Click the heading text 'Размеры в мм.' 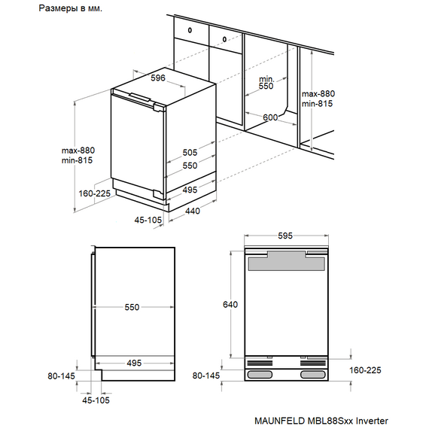(x=70, y=8)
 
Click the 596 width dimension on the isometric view (x=158, y=78)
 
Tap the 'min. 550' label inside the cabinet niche (x=266, y=83)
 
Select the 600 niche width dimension (x=270, y=117)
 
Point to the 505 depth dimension (x=190, y=152)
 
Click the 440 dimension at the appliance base (x=193, y=211)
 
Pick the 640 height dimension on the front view (x=230, y=305)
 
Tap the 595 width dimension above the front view (x=285, y=236)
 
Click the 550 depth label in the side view (x=132, y=307)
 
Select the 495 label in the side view (x=134, y=363)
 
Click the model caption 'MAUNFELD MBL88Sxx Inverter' (x=321, y=421)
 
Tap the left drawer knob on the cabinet (x=190, y=30)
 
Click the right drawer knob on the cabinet (x=224, y=39)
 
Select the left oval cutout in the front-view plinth (x=260, y=374)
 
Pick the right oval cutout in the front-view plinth (x=314, y=374)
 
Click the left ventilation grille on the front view (x=260, y=363)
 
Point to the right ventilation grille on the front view (x=314, y=363)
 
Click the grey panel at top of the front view (x=287, y=263)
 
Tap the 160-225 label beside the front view (x=365, y=370)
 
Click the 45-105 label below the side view (x=96, y=400)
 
